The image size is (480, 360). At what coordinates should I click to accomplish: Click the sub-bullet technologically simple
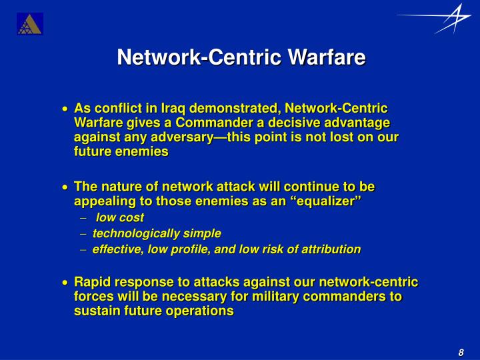pyautogui.click(x=157, y=233)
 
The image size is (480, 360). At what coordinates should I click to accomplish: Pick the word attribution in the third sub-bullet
pyautogui.click(x=328, y=249)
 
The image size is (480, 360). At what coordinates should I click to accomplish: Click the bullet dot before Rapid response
pyautogui.click(x=65, y=283)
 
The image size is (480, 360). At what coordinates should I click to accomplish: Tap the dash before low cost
pyautogui.click(x=85, y=218)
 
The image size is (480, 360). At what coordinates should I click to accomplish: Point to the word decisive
pyautogui.click(x=301, y=123)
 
